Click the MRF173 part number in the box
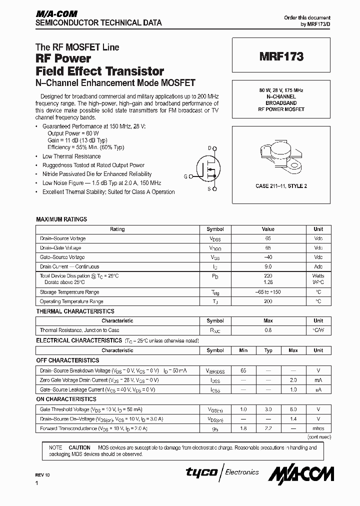(x=281, y=57)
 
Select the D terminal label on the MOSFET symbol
(x=210, y=148)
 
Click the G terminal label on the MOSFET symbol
(x=185, y=176)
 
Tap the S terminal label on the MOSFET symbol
(x=209, y=188)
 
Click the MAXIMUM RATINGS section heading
(x=61, y=219)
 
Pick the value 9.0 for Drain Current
(x=268, y=266)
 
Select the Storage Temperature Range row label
(x=69, y=292)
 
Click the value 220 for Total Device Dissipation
(x=268, y=276)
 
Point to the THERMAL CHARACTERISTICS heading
(x=75, y=311)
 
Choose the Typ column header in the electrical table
(x=268, y=350)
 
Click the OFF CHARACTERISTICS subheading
(x=67, y=360)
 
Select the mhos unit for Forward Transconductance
(x=318, y=428)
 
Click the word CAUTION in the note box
(x=79, y=447)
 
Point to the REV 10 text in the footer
(x=43, y=474)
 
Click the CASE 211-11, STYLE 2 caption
(x=281, y=186)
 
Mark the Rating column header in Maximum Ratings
(x=117, y=229)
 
